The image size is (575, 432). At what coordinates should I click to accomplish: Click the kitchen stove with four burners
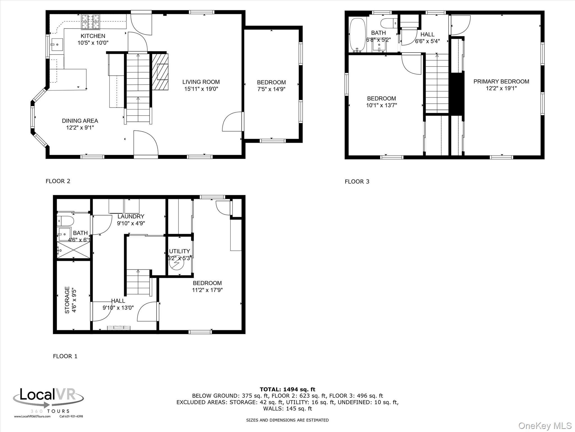(x=90, y=22)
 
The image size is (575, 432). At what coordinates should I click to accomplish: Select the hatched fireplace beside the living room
(x=160, y=71)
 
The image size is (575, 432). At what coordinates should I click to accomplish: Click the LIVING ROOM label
(x=201, y=82)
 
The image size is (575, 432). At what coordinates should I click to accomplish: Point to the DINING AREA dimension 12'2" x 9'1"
(x=80, y=128)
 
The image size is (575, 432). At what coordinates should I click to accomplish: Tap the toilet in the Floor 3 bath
(x=388, y=22)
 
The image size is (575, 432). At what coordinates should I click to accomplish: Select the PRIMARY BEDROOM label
(x=501, y=82)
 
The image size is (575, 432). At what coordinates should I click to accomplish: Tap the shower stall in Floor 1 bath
(x=74, y=250)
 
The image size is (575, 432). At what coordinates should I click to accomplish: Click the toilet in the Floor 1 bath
(x=65, y=220)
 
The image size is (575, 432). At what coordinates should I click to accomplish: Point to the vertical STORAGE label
(x=67, y=300)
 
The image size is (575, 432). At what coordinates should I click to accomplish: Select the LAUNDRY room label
(x=131, y=217)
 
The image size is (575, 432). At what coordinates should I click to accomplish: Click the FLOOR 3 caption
(x=357, y=182)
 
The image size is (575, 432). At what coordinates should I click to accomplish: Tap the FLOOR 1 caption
(x=65, y=356)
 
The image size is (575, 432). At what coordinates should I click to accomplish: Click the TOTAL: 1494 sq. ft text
(x=287, y=389)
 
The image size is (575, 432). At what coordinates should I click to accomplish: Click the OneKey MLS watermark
(x=545, y=426)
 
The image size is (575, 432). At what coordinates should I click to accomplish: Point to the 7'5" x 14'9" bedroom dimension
(x=271, y=89)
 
